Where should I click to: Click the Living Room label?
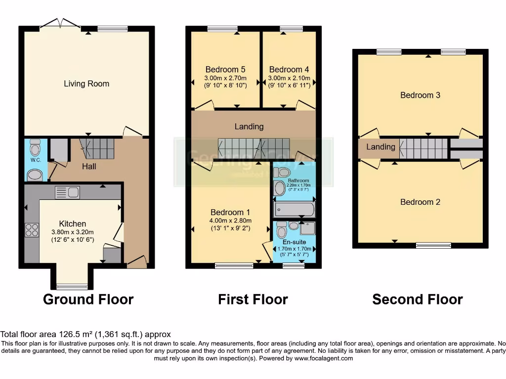coord(86,84)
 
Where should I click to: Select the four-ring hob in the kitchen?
coord(32,230)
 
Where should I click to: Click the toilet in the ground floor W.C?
coord(35,149)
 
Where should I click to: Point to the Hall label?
coord(89,167)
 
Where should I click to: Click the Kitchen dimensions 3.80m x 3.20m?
coord(73,232)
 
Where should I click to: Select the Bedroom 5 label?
coord(225,70)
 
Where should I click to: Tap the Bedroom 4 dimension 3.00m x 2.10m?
coord(289,78)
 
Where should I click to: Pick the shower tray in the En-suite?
coord(307,228)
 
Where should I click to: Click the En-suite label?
coord(294,242)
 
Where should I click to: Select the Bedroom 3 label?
coord(420,95)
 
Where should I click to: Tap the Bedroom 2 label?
coord(420,202)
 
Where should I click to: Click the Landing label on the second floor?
coord(380,147)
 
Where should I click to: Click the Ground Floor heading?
coord(88,299)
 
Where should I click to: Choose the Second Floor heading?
coord(417,299)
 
